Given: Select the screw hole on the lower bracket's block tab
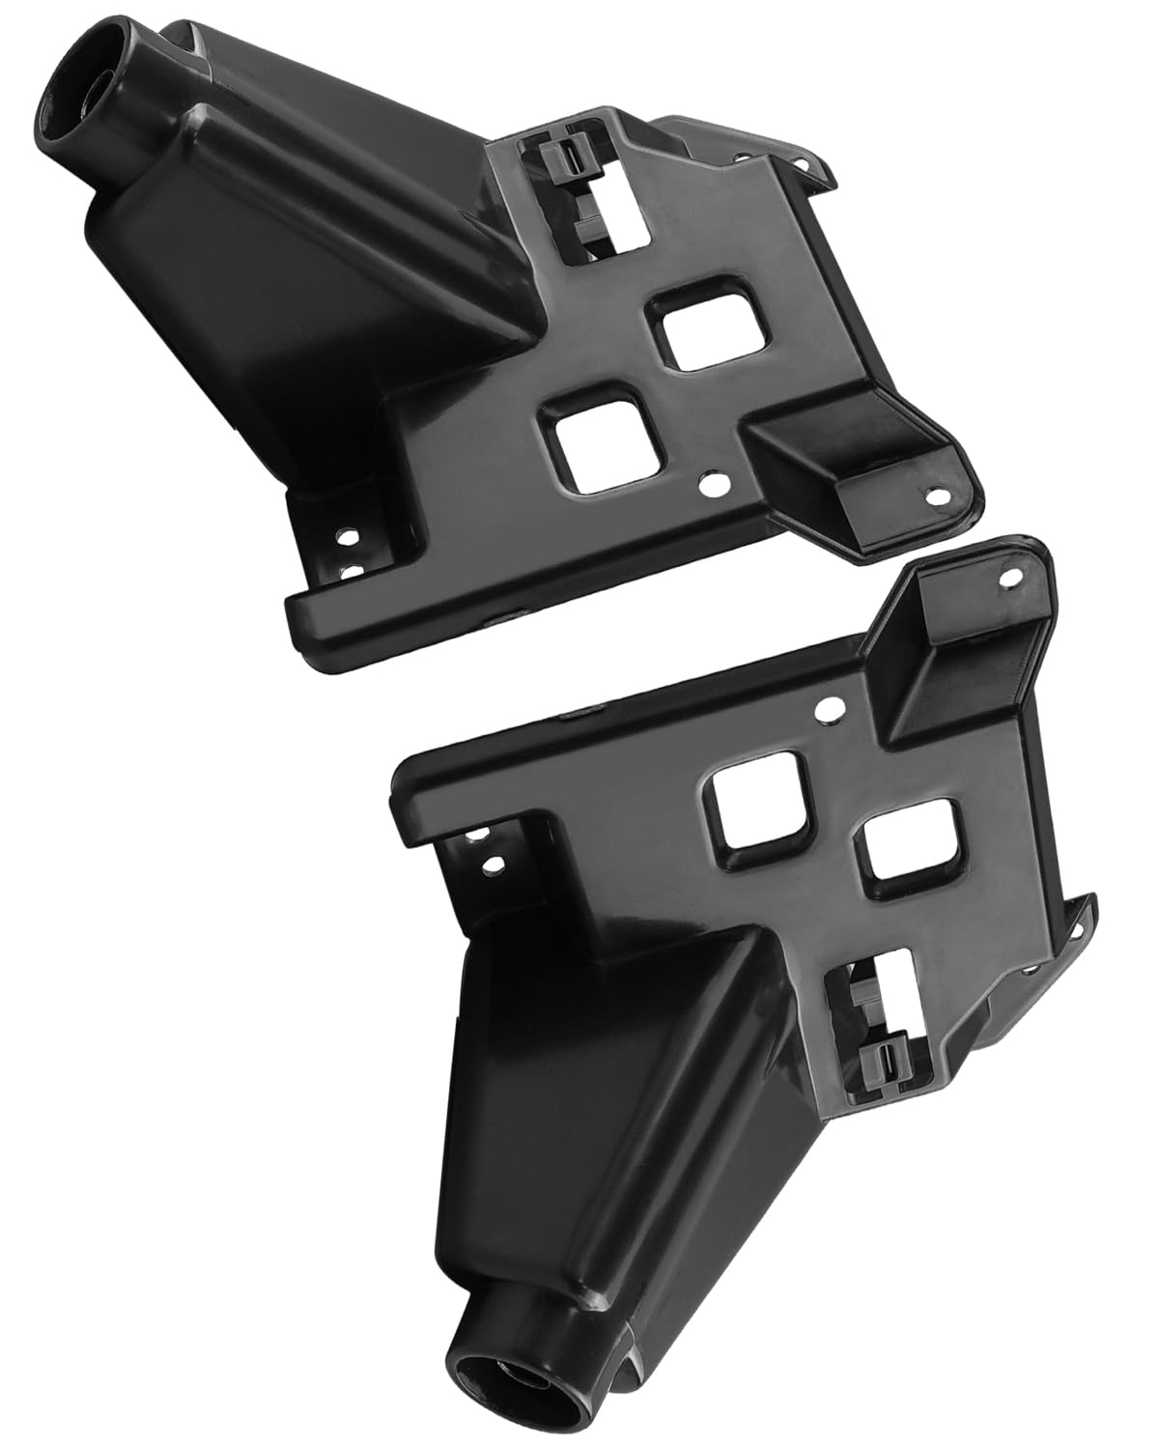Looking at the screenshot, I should point(1010,580).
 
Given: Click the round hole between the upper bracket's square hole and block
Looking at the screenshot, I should point(715,479).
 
